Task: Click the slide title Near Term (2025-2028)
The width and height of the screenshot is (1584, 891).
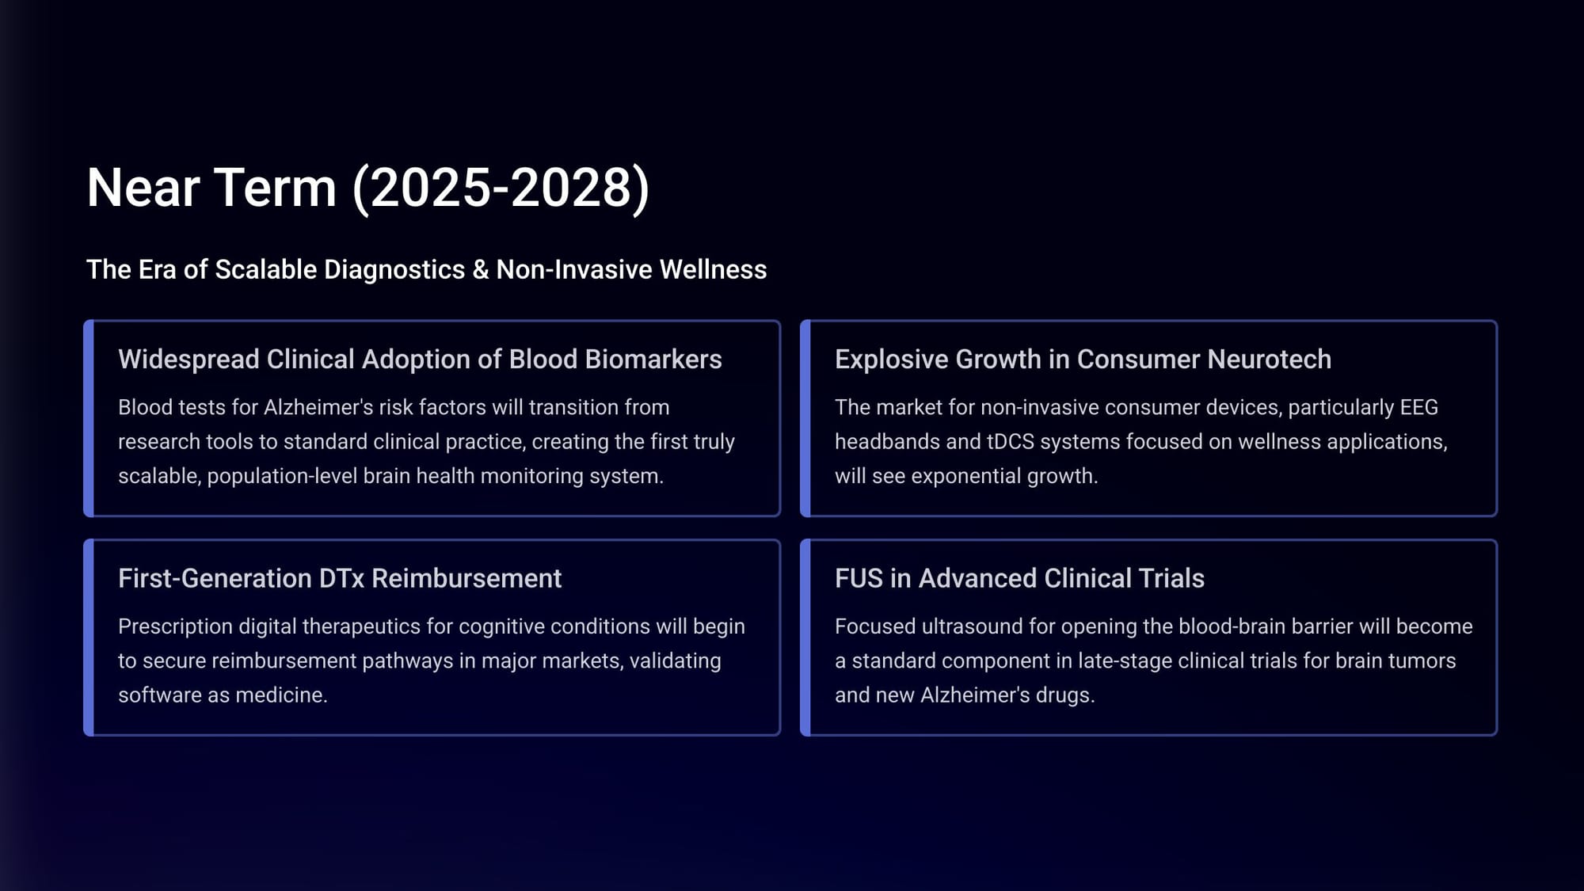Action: click(368, 188)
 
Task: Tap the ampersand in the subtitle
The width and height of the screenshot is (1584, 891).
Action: click(481, 270)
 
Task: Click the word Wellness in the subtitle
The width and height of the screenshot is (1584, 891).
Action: click(713, 270)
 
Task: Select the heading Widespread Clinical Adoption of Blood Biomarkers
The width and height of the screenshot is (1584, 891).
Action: click(420, 360)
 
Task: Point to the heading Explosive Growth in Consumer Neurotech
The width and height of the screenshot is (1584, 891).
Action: click(1083, 360)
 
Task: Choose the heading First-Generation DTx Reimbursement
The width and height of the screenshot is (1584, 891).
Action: click(340, 579)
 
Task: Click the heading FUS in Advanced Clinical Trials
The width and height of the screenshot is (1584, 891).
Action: click(1019, 579)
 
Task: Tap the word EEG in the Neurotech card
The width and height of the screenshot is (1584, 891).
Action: click(1418, 407)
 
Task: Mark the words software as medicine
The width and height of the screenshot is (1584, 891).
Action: click(223, 695)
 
